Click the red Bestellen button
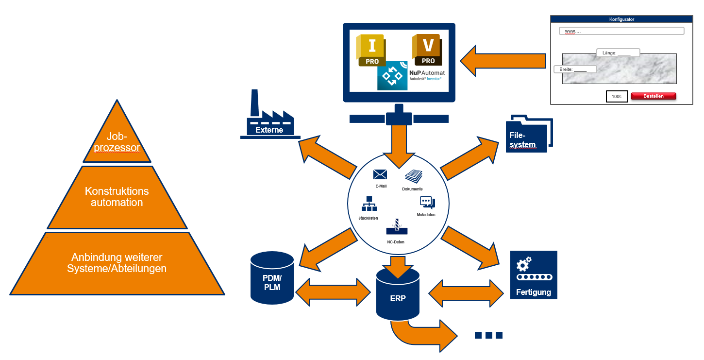coord(654,96)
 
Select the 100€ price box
coord(617,97)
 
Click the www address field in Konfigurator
coord(621,31)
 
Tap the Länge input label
coord(618,53)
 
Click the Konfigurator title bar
coord(621,19)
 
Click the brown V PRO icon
coord(427,49)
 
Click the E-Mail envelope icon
coord(380,174)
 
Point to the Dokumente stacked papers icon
coord(413,176)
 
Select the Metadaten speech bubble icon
coord(427,203)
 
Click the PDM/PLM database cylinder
coord(272,278)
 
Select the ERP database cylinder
coord(398,294)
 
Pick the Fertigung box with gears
coord(534,275)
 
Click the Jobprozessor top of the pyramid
coord(117,141)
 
